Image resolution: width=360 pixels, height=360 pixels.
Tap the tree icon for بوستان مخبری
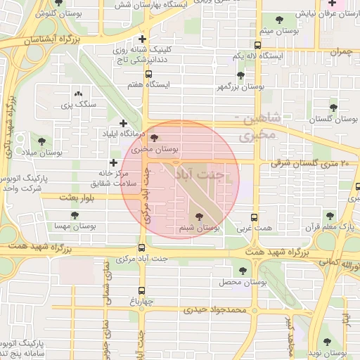click(x=155, y=138)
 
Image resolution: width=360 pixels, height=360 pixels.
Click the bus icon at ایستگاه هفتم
click(x=148, y=73)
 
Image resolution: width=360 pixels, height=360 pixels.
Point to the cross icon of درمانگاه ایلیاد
click(x=123, y=124)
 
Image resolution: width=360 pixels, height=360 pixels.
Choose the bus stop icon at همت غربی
click(x=255, y=217)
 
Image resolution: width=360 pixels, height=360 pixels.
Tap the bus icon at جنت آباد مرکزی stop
click(x=142, y=247)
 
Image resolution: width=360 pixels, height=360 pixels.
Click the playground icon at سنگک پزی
click(x=78, y=93)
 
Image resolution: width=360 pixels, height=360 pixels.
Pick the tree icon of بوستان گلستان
click(x=333, y=108)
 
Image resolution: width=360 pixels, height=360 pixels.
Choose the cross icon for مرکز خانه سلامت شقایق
click(x=114, y=163)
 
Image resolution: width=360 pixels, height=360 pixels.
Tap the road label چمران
click(x=340, y=52)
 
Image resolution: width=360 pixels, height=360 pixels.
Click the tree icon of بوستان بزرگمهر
click(x=241, y=75)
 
